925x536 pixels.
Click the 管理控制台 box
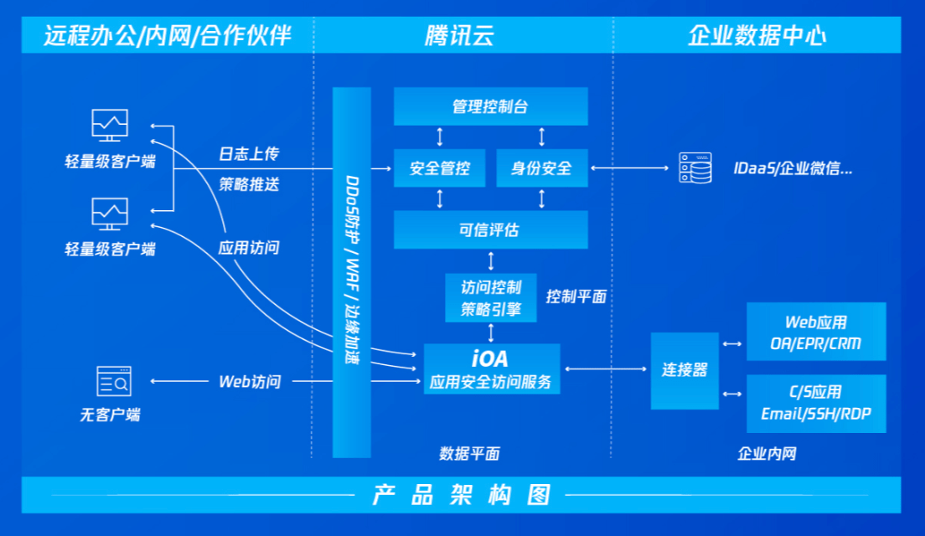(x=490, y=106)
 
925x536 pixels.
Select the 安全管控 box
(x=439, y=168)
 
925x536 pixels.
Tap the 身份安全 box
(x=541, y=168)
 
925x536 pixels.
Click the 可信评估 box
(x=490, y=229)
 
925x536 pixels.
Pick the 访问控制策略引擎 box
(x=490, y=298)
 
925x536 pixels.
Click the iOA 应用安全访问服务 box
(x=491, y=369)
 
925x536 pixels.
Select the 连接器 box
(x=685, y=370)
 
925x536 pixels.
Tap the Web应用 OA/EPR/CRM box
(x=815, y=332)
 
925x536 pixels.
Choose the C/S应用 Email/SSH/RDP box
(x=815, y=403)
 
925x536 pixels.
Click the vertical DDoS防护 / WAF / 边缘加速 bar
(x=352, y=272)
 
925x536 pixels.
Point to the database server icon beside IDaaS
(x=695, y=168)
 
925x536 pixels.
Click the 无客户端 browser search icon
(x=113, y=382)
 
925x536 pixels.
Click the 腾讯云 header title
(x=459, y=35)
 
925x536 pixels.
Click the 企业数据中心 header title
(x=757, y=35)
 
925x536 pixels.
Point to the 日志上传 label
(x=248, y=154)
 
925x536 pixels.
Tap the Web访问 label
(x=249, y=382)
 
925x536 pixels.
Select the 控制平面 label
(x=576, y=296)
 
